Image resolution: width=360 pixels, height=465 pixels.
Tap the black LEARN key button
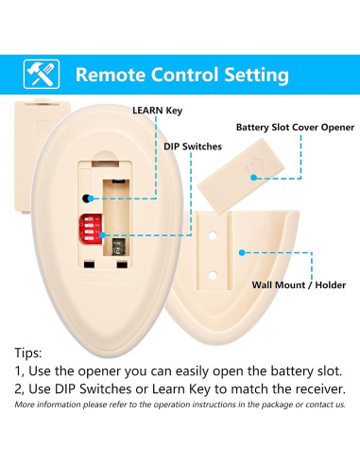pyautogui.click(x=87, y=199)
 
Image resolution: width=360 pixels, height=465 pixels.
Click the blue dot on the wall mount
pyautogui.click(x=243, y=252)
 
